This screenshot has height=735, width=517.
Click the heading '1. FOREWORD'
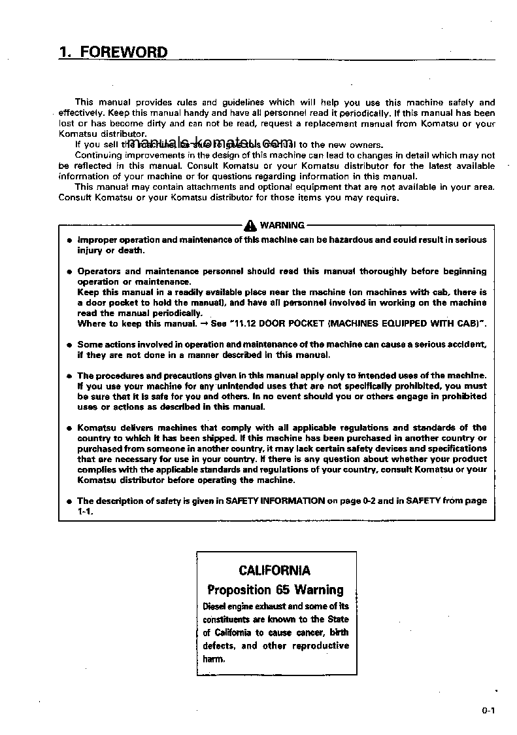113,52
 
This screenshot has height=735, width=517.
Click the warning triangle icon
251,226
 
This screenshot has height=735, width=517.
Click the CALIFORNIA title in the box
275,570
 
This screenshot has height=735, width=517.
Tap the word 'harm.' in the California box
213,659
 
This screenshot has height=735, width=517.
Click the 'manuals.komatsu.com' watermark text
210,143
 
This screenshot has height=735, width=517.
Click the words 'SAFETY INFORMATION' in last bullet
275,501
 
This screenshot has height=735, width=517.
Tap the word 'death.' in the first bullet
131,250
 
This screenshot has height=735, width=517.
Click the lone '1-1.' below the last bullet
86,511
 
